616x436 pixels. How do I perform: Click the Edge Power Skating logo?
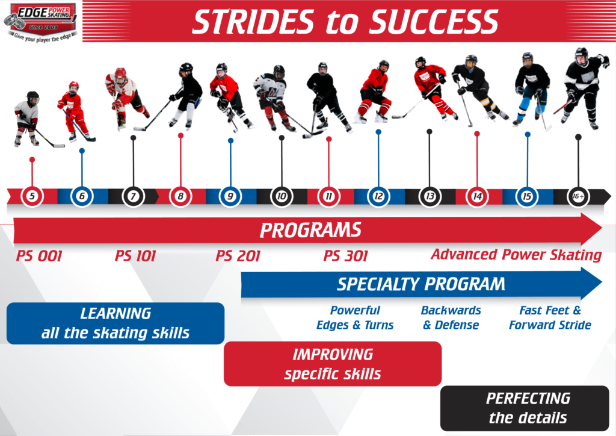[x=41, y=22]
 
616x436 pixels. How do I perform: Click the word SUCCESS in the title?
[x=434, y=22]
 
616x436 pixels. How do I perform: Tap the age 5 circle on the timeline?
[x=32, y=196]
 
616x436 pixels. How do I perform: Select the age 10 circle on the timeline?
[x=282, y=196]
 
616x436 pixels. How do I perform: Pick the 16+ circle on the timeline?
[x=578, y=196]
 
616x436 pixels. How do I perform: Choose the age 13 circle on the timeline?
[x=430, y=196]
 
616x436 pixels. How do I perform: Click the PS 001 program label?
[x=39, y=257]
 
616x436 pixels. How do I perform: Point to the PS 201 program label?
[x=238, y=257]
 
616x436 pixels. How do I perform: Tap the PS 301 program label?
[x=346, y=257]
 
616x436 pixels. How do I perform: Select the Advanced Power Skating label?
[x=516, y=255]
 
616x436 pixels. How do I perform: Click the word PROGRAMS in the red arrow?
[x=310, y=230]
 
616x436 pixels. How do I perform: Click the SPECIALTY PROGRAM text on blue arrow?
[x=420, y=284]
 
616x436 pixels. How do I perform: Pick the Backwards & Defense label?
[x=451, y=317]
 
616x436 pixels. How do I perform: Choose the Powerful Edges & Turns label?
[x=355, y=317]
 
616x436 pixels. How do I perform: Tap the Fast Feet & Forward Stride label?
[x=550, y=317]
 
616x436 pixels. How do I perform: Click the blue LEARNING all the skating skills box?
[x=115, y=323]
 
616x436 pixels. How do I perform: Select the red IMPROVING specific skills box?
[x=333, y=364]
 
